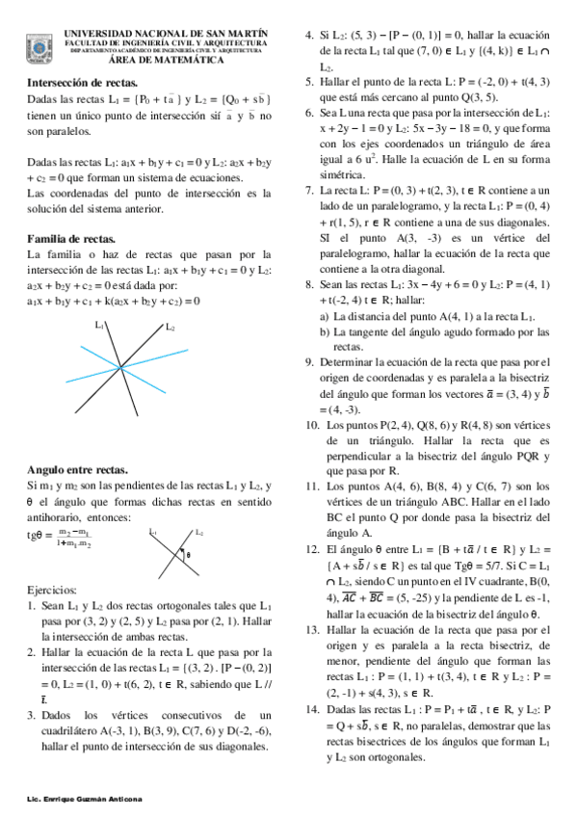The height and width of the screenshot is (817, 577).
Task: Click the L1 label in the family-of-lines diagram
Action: point(99,328)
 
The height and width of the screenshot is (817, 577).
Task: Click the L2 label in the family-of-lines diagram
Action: point(170,328)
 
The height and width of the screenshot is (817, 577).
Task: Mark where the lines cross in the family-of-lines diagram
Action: point(118,366)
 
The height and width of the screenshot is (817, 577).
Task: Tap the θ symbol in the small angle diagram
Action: point(189,554)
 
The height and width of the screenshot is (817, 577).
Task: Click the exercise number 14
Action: point(312,708)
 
